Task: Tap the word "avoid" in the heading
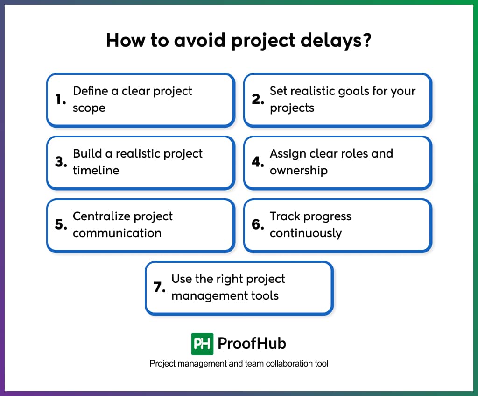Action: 199,40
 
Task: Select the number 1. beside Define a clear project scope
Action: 61,99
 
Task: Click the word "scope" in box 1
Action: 89,108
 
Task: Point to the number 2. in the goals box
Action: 258,99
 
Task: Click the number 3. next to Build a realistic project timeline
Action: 61,162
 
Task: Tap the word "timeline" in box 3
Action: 96,170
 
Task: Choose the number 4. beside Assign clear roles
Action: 258,162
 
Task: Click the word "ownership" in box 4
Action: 299,170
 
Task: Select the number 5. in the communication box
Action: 61,224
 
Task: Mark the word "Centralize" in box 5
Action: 101,216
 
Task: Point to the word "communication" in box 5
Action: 117,233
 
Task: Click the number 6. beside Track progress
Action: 258,224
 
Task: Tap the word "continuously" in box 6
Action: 306,233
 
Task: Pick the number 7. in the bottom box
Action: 160,287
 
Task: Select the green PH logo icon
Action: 202,344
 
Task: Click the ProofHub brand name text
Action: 252,344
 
